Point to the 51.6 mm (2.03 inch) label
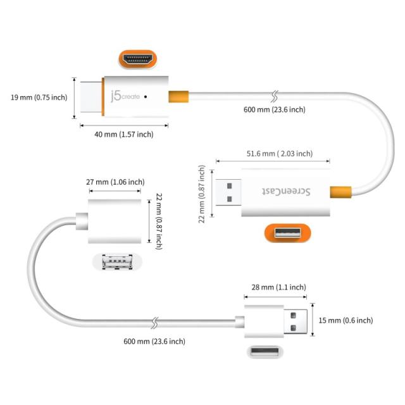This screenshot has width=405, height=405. click(279, 154)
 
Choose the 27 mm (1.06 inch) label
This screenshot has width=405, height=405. click(115, 182)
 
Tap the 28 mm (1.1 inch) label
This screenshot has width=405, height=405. click(275, 287)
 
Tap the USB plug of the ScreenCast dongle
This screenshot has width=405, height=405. click(228, 191)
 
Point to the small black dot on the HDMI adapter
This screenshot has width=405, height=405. click(146, 97)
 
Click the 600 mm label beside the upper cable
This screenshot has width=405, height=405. click(274, 109)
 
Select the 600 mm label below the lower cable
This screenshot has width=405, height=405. click(154, 341)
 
